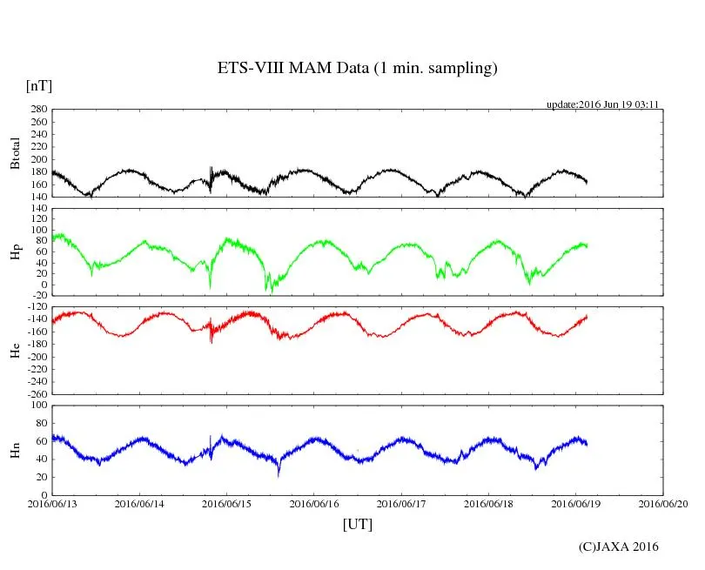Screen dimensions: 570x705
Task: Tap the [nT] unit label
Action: tap(38, 86)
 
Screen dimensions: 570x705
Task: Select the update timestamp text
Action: tap(602, 104)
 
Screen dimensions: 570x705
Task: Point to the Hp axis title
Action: tap(15, 251)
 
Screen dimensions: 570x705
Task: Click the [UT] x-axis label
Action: tap(357, 524)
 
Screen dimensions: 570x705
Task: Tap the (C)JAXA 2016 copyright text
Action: tap(619, 547)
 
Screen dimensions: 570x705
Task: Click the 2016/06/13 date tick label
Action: tap(52, 503)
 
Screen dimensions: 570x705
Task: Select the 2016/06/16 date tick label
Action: tap(314, 503)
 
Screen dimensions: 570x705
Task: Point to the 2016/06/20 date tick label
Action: tap(663, 503)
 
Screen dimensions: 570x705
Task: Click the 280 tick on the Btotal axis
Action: tap(37, 110)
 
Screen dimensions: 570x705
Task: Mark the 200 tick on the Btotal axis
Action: tap(37, 159)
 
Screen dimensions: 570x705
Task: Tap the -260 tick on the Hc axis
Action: tap(36, 393)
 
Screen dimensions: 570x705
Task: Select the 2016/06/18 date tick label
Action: tap(489, 503)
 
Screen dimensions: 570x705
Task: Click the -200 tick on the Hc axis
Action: tap(36, 357)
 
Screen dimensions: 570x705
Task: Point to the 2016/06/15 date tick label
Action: tap(227, 503)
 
